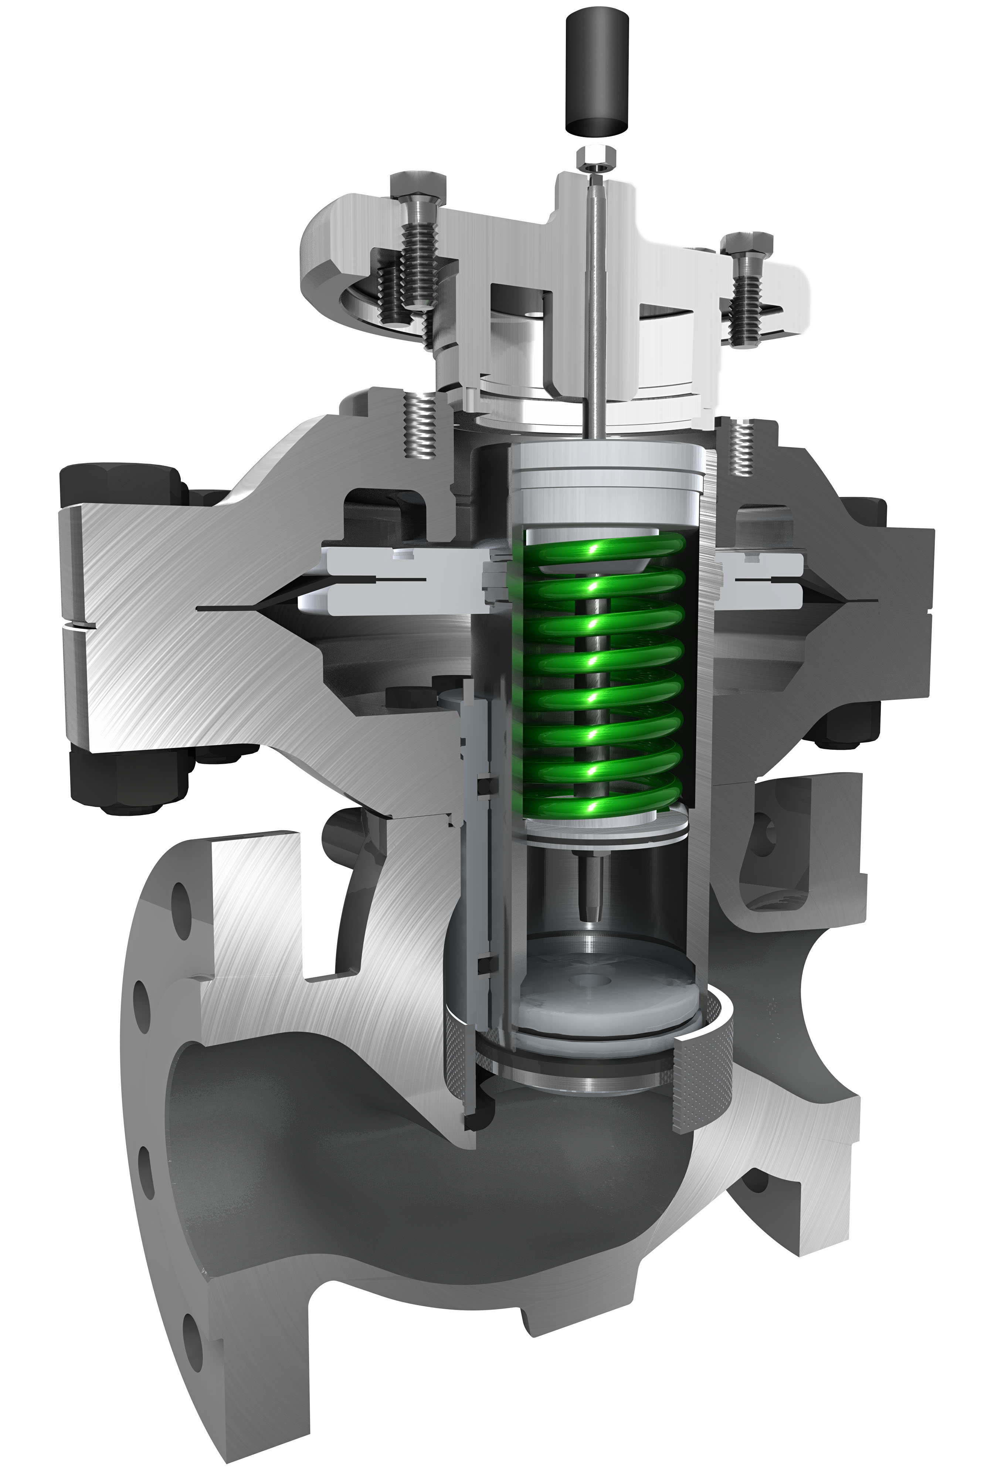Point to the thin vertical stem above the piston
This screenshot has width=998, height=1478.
(595, 305)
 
